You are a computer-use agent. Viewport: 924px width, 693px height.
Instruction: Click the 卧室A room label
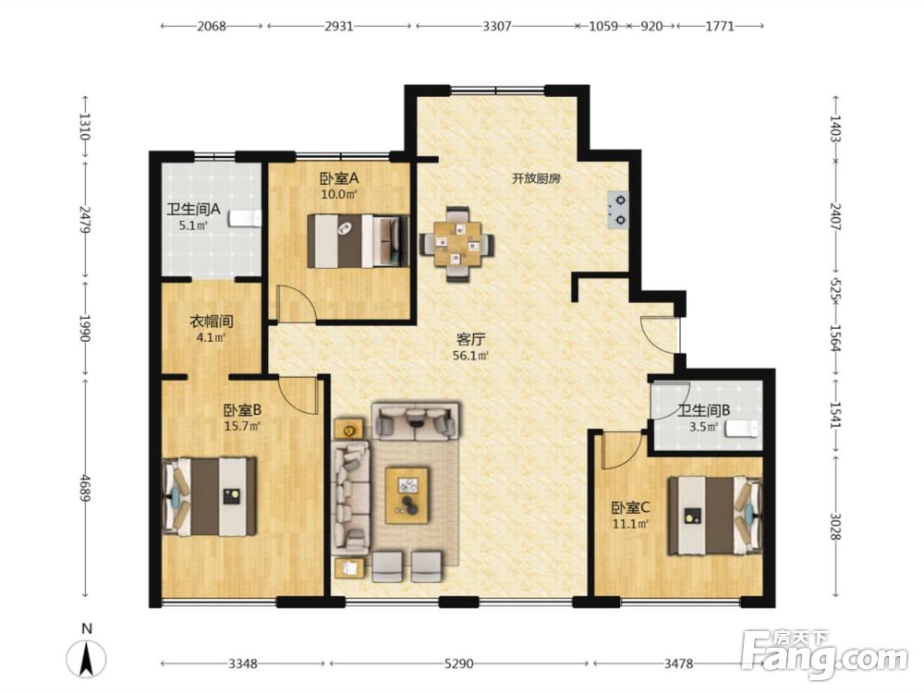[339, 178]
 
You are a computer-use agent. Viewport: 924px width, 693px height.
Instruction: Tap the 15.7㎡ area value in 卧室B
[242, 425]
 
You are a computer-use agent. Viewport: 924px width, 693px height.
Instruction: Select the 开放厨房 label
[536, 178]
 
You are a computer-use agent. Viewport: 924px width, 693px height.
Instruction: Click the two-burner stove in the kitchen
[618, 211]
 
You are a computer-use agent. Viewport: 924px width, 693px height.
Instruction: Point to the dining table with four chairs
[456, 243]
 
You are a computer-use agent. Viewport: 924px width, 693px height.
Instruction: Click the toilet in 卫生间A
[245, 218]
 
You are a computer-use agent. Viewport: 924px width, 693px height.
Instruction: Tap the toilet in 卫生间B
[742, 429]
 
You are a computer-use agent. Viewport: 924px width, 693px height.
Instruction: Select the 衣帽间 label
[212, 322]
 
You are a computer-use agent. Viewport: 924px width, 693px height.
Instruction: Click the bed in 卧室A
[359, 241]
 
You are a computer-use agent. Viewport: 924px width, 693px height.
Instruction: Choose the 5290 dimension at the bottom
[458, 664]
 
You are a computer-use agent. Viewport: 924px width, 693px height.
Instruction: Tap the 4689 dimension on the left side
[86, 488]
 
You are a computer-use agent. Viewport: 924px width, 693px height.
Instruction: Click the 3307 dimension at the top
[497, 26]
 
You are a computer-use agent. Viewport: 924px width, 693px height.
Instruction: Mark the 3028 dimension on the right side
[835, 527]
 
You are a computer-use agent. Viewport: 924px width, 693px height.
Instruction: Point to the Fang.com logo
[824, 654]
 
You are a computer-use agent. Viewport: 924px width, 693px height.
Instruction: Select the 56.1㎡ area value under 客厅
[471, 356]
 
